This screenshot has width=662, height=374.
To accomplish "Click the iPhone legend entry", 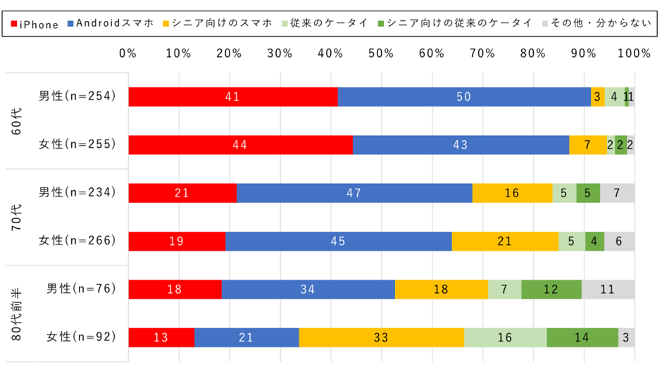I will click(35, 24).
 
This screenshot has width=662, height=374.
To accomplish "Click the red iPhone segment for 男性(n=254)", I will click(233, 96).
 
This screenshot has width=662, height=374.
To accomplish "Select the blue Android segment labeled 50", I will click(464, 96).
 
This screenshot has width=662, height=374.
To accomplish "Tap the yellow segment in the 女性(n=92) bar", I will click(382, 337).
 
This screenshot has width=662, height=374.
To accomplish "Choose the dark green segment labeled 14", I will click(582, 337).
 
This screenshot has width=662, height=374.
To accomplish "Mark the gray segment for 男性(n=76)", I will click(608, 289).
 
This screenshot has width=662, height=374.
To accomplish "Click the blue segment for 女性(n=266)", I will click(339, 241).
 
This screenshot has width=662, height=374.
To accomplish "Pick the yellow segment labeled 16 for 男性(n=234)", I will click(512, 193).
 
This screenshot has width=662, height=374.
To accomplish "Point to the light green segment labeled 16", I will click(505, 337).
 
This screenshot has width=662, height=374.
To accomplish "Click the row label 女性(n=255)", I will click(77, 145).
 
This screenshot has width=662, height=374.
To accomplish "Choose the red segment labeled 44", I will click(240, 145).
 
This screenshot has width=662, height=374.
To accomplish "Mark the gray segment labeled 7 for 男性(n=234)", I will click(617, 193).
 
